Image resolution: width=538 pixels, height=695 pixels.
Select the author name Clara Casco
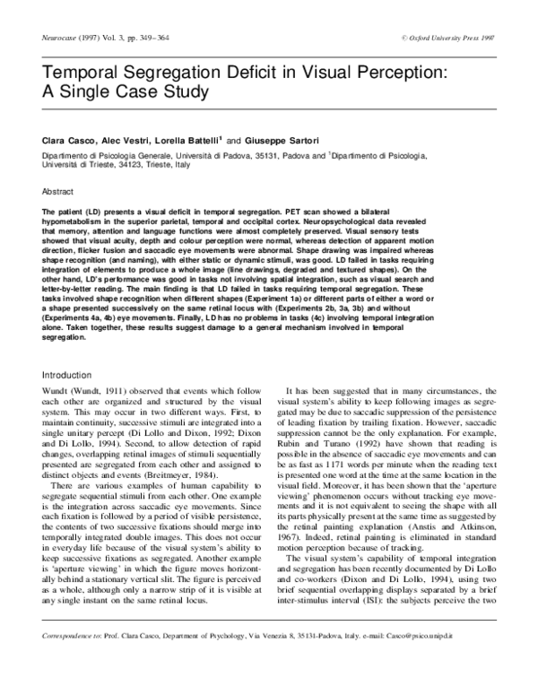click(x=69, y=141)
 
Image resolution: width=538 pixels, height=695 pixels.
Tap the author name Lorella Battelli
click(x=187, y=141)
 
